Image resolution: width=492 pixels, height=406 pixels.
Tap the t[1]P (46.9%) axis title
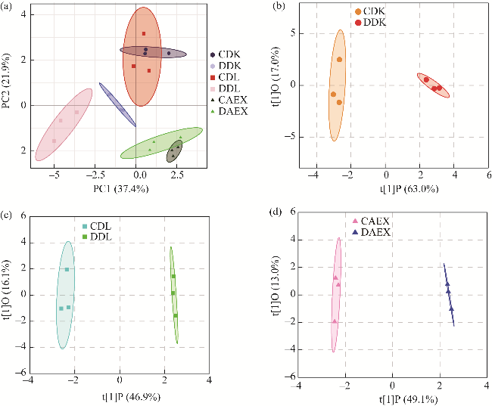(120, 394)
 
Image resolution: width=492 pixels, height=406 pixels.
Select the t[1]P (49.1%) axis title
(392, 394)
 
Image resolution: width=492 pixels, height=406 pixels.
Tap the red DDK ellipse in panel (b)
(433, 85)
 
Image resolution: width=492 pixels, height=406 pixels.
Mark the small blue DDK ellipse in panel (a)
(117, 104)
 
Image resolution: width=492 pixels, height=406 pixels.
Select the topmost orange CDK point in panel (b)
(339, 59)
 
